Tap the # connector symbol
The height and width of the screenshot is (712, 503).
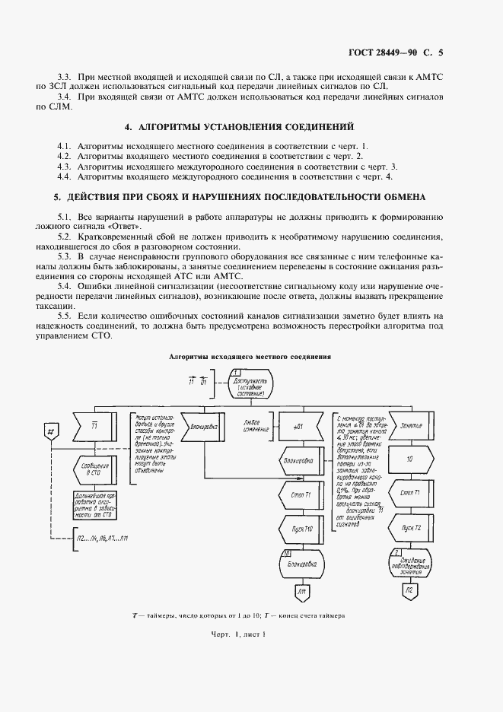50,431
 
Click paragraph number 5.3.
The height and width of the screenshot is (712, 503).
65,256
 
